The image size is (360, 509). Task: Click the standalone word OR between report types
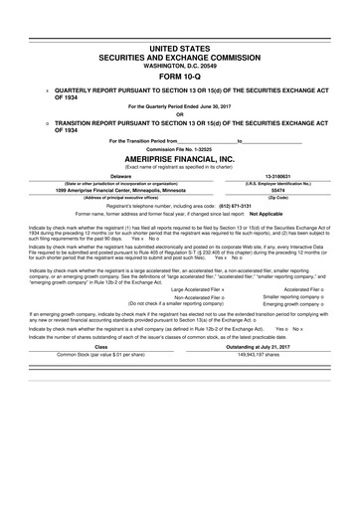[180, 112]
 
